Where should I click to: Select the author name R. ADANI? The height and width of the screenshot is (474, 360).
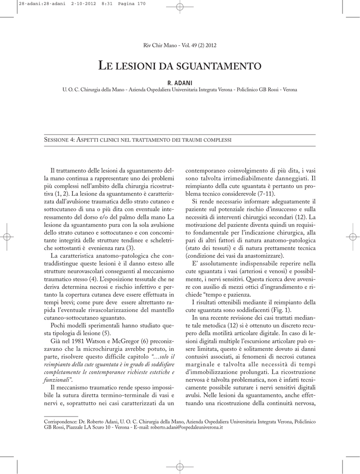(180, 82)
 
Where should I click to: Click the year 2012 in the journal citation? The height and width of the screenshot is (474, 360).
(210, 45)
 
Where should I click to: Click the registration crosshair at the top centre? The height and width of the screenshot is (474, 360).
(180, 7)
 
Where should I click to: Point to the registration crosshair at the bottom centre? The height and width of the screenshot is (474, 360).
(180, 466)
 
